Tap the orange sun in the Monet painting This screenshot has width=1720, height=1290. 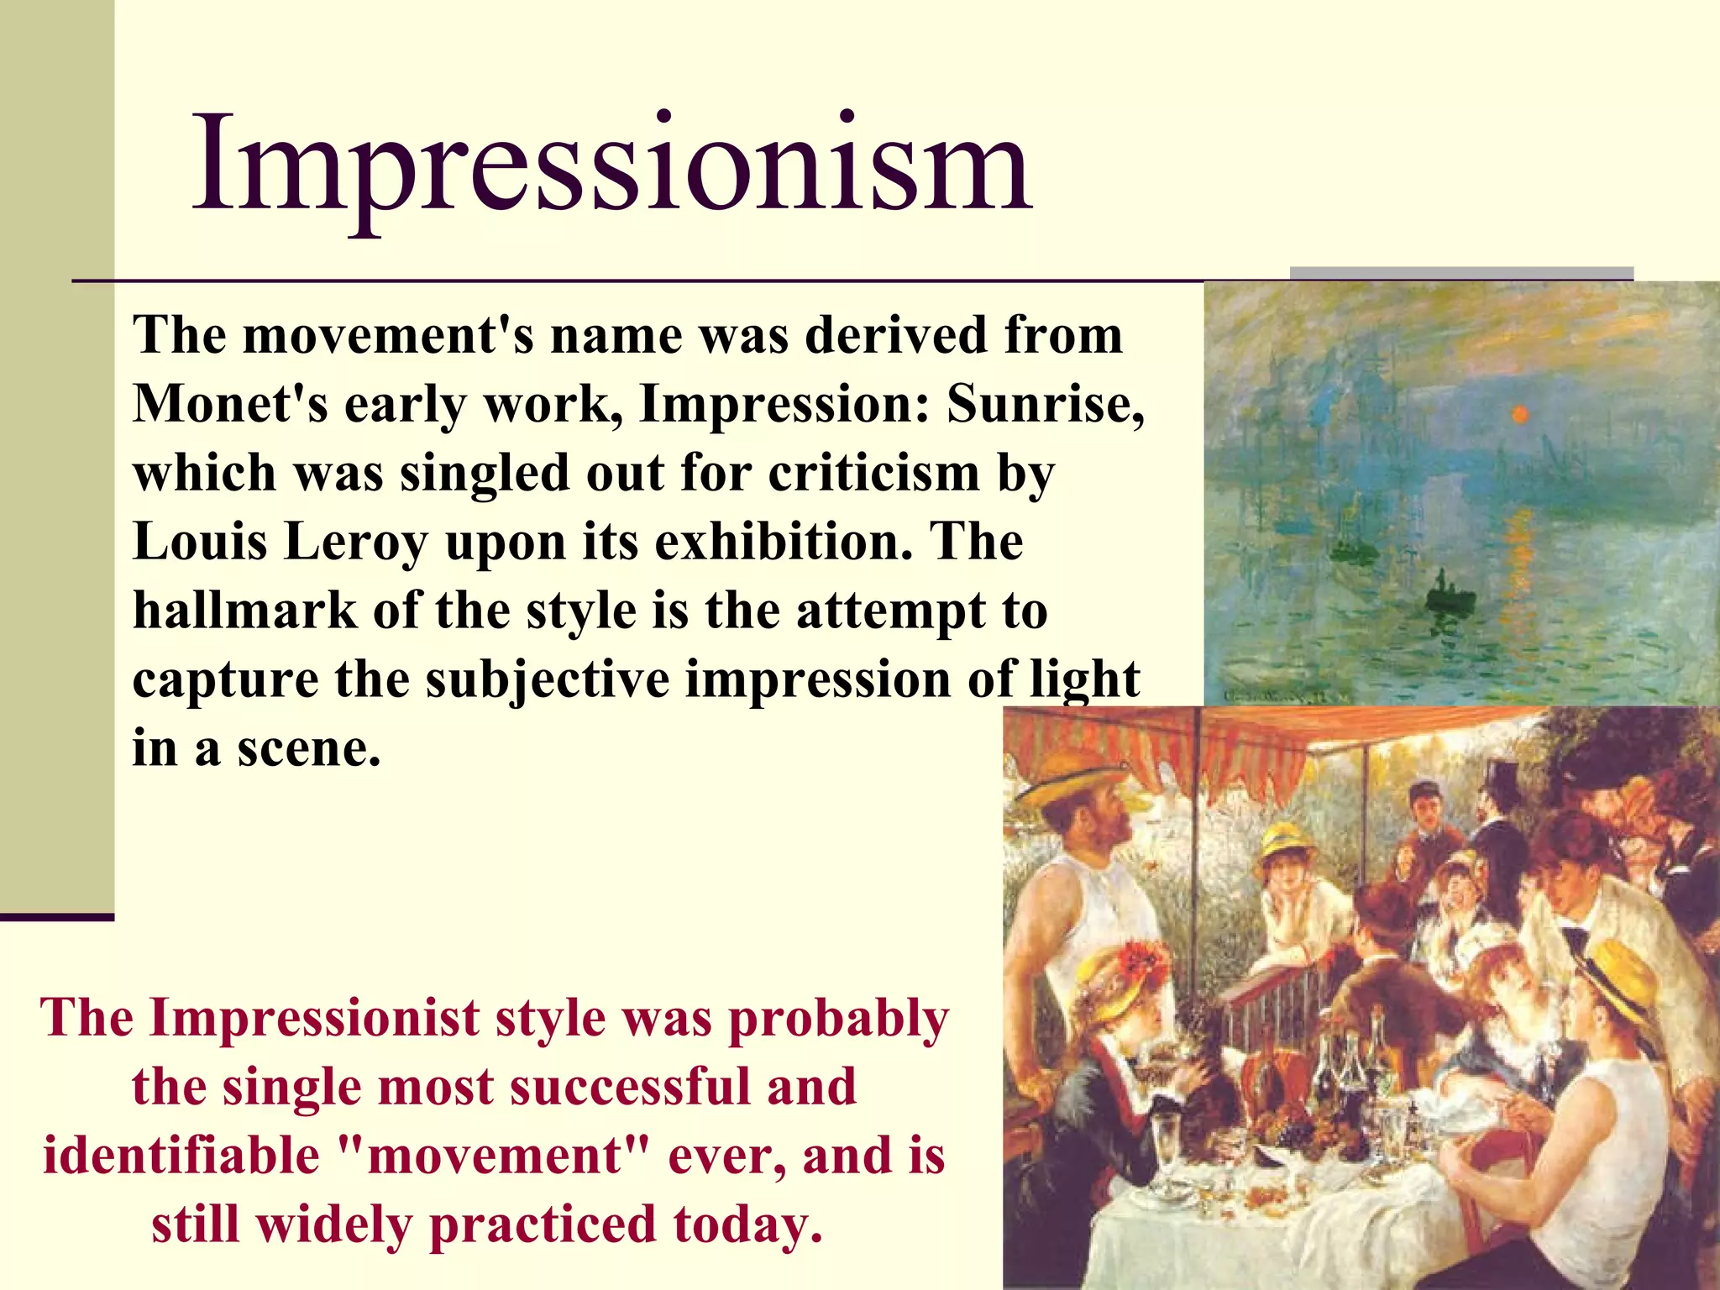coord(1519,413)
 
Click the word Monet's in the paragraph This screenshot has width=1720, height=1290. coord(230,404)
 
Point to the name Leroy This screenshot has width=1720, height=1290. coord(356,542)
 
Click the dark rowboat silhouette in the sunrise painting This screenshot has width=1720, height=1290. coord(1450,598)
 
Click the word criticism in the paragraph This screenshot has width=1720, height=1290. coord(874,473)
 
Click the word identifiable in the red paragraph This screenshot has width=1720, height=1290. coord(181,1156)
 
